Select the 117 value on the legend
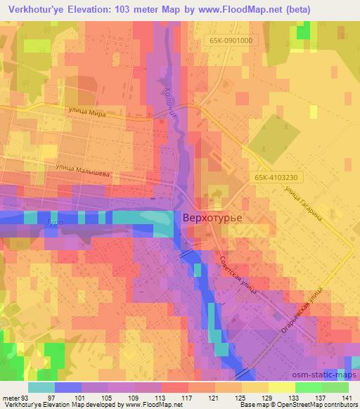tap(188, 398)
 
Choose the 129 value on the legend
tap(268, 398)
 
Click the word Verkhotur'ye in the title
tap(34, 8)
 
